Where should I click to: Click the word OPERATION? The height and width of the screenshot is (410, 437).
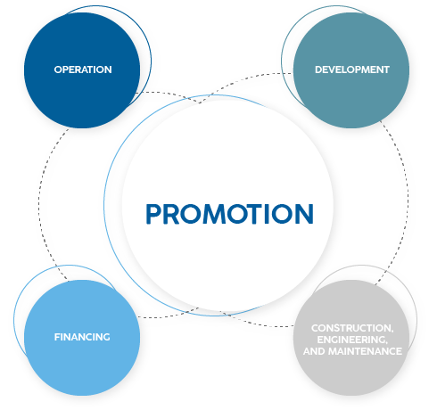coord(83,70)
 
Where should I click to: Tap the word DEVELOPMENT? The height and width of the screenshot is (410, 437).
coord(352,70)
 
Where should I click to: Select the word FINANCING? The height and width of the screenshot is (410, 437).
coord(82,337)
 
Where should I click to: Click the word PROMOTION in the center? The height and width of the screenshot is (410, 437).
coord(229,214)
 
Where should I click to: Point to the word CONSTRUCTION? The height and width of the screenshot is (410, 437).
coord(352,328)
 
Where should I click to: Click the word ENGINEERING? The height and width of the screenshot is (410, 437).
coord(352,340)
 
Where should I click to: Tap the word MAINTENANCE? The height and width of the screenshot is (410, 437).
coord(365,351)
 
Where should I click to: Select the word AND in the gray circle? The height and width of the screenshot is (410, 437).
coord(314,351)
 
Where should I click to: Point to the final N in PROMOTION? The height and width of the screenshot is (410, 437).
coord(304,214)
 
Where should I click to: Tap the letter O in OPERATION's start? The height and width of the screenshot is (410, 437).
coord(58,70)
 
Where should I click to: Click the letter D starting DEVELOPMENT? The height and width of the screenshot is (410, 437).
coord(318,70)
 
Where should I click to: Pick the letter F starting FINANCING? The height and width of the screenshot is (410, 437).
coord(57,337)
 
